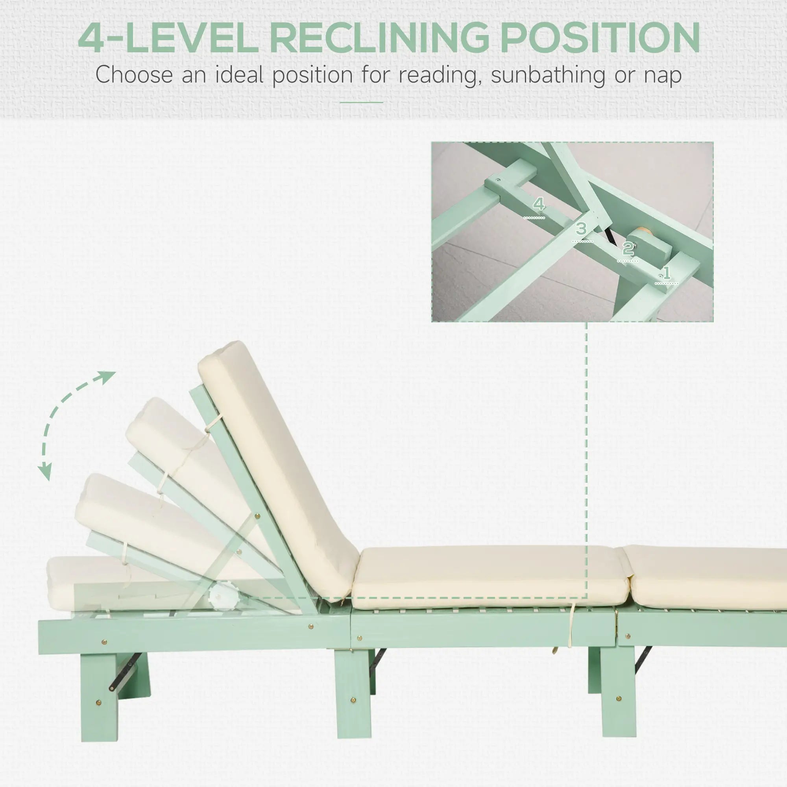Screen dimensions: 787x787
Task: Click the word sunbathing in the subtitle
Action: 547,76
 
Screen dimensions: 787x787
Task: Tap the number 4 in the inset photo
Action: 539,204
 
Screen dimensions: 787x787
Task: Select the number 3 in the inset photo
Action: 581,229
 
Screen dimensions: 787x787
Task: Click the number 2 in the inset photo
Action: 628,248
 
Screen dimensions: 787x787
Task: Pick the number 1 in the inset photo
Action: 667,273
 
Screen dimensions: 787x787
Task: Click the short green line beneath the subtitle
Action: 361,102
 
